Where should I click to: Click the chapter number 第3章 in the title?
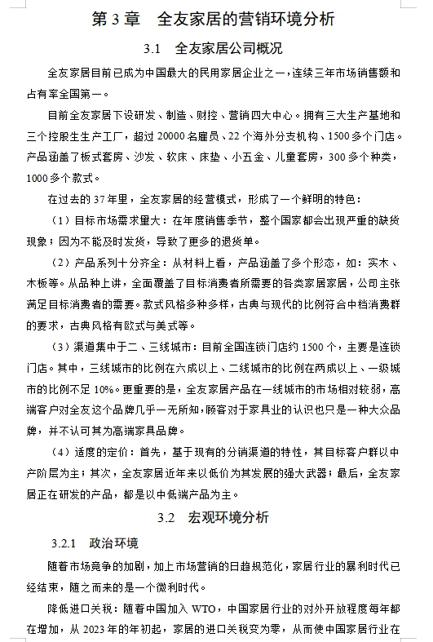[117, 18]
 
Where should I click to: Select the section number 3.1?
[152, 48]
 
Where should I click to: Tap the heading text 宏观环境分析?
[228, 517]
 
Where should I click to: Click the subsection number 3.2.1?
[63, 543]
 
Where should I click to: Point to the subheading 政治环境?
[113, 543]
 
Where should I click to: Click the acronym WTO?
[206, 608]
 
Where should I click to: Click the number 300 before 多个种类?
[337, 157]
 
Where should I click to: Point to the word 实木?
[386, 263]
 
